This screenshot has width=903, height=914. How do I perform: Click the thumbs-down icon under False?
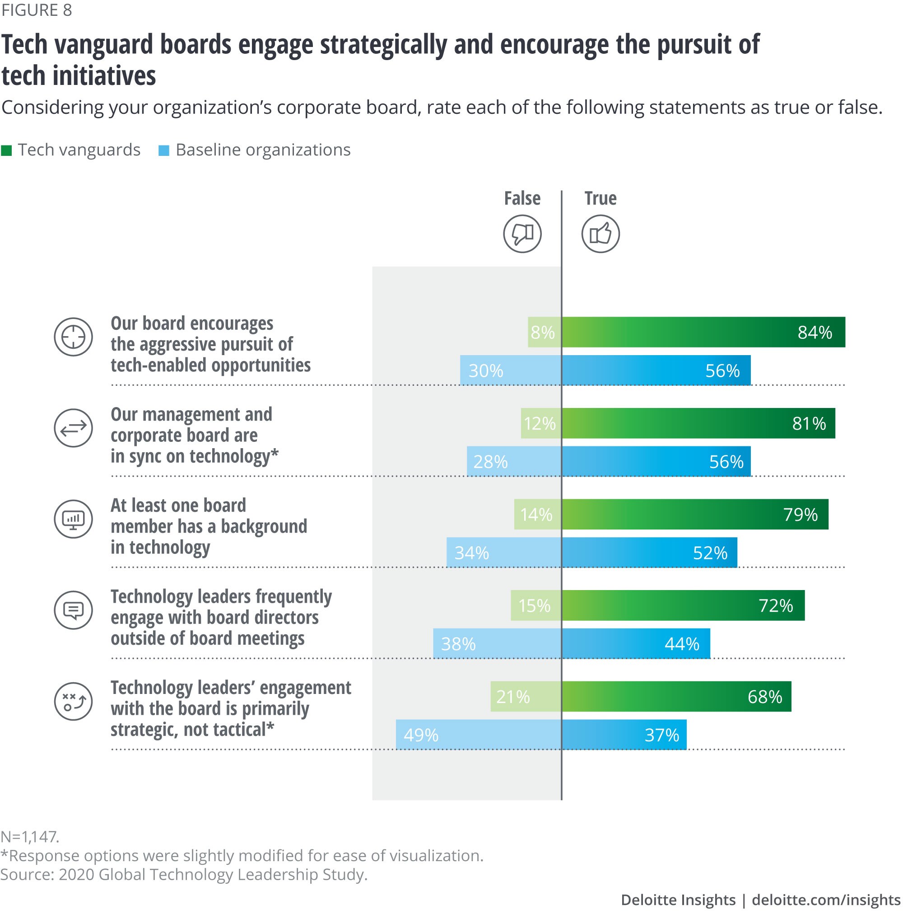click(x=522, y=234)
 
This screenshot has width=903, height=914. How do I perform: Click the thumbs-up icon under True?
click(x=600, y=234)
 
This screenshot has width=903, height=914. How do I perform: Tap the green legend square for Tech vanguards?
click(x=7, y=150)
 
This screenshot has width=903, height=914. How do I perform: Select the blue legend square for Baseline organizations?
click(x=163, y=150)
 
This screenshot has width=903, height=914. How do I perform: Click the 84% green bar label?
click(x=815, y=332)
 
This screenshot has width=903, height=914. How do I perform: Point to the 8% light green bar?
click(x=544, y=332)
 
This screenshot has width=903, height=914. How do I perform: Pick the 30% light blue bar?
click(x=510, y=370)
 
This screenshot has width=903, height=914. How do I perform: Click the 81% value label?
click(x=809, y=423)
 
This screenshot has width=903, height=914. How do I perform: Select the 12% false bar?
click(x=541, y=423)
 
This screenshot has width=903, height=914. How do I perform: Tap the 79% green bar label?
click(x=801, y=514)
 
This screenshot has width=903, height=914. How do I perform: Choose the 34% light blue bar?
click(x=503, y=553)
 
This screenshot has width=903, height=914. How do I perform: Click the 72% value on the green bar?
click(x=776, y=605)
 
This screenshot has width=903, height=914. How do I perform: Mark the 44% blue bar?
click(x=635, y=644)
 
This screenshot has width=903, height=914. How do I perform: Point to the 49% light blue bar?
click(x=478, y=735)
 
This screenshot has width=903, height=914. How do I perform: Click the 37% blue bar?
click(x=624, y=735)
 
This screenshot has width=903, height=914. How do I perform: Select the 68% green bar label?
click(x=764, y=696)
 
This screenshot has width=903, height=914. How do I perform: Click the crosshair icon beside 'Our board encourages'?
click(x=73, y=337)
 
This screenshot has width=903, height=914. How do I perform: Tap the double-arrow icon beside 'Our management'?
click(x=73, y=428)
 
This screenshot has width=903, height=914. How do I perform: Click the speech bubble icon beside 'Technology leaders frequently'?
click(x=73, y=610)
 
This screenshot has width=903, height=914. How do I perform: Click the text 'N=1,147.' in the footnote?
click(x=30, y=836)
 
